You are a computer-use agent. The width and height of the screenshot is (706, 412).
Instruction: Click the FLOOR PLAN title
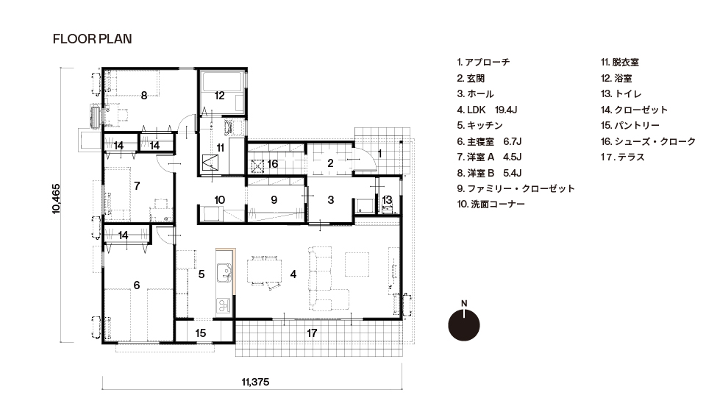(93, 39)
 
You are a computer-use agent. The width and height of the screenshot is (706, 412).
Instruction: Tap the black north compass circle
(464, 325)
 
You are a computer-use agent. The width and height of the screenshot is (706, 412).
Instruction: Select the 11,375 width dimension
(255, 383)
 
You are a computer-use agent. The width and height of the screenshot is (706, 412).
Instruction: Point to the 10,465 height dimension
(56, 198)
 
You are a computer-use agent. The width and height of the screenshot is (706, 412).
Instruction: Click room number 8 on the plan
(144, 96)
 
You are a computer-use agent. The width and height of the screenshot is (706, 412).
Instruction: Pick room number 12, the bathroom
(219, 96)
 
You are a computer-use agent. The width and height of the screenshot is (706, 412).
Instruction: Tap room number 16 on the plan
(272, 164)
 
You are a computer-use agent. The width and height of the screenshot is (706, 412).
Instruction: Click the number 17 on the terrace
(312, 333)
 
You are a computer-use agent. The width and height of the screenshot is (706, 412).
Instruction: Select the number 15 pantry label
(201, 333)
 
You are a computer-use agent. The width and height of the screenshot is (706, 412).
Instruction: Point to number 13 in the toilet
(387, 200)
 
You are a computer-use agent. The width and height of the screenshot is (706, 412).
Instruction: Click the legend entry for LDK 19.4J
(487, 110)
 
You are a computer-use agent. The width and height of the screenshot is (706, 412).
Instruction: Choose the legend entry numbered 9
(516, 188)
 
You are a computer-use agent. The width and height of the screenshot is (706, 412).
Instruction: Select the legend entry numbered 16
(649, 141)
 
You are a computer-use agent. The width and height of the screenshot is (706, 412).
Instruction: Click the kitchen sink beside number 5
(224, 272)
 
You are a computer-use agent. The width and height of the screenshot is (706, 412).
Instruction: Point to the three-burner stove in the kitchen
(224, 306)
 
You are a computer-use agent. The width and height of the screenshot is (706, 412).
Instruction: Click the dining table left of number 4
(264, 270)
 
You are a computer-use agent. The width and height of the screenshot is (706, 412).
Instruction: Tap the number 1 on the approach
(379, 154)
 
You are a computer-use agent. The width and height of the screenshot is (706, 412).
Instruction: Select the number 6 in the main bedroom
(137, 285)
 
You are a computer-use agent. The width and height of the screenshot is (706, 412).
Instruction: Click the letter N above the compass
(464, 303)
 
